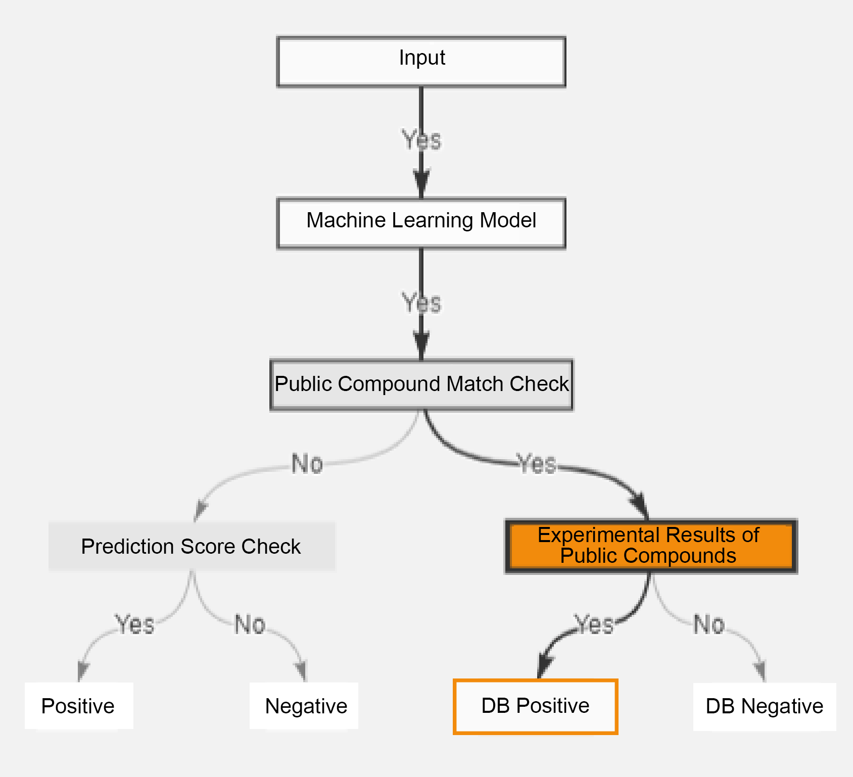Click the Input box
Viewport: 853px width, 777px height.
point(421,62)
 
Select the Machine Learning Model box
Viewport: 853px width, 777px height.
point(421,223)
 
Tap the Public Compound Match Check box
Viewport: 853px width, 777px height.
point(421,384)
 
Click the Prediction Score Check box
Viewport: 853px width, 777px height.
point(192,546)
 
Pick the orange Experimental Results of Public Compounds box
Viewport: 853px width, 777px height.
point(651,546)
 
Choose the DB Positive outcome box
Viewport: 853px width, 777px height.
point(536,706)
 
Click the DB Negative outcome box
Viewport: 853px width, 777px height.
point(764,706)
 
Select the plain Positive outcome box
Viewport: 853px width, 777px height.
point(78,706)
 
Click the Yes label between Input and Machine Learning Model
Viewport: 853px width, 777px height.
point(421,140)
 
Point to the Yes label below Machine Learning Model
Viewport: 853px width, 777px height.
point(421,303)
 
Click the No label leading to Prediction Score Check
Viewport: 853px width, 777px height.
point(307,464)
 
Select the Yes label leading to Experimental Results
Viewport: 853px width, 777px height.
point(537,464)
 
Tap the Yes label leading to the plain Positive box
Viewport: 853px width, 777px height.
point(135,624)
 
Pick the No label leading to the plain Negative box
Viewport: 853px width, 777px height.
point(250,624)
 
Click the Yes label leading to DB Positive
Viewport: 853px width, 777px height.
point(595,624)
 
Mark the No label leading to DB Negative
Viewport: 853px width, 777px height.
point(709,624)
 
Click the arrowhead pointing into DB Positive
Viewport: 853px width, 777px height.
point(544,666)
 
